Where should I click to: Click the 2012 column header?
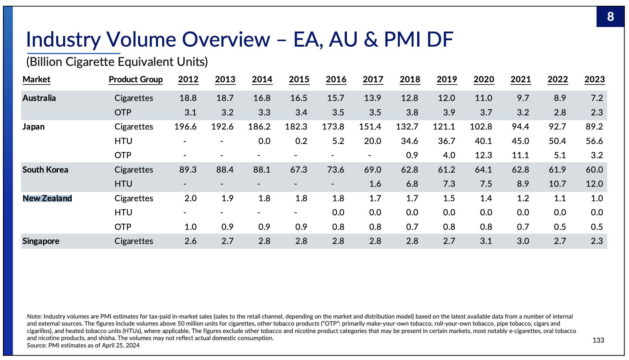(x=188, y=79)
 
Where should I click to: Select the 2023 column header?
(x=594, y=79)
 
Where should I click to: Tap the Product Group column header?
(x=136, y=79)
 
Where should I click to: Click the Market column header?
(x=36, y=79)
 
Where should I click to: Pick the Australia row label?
(x=39, y=98)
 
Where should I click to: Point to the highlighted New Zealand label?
(x=47, y=198)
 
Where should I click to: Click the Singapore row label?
(x=41, y=241)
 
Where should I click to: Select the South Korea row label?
(x=45, y=170)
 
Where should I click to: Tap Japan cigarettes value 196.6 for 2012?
(x=185, y=127)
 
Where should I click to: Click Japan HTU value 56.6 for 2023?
(x=594, y=141)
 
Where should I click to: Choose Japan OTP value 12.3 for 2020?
(x=483, y=155)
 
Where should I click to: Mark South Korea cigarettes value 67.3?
(x=299, y=170)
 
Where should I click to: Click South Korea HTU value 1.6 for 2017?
(x=375, y=184)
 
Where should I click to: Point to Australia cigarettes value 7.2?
(x=597, y=98)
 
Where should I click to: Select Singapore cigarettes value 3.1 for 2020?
(x=486, y=241)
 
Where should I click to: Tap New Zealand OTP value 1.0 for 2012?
(x=190, y=227)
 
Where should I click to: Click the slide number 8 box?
(x=610, y=16)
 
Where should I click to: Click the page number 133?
(x=598, y=340)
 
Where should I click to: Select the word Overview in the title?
(x=226, y=40)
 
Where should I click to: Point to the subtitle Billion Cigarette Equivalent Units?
(x=117, y=62)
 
